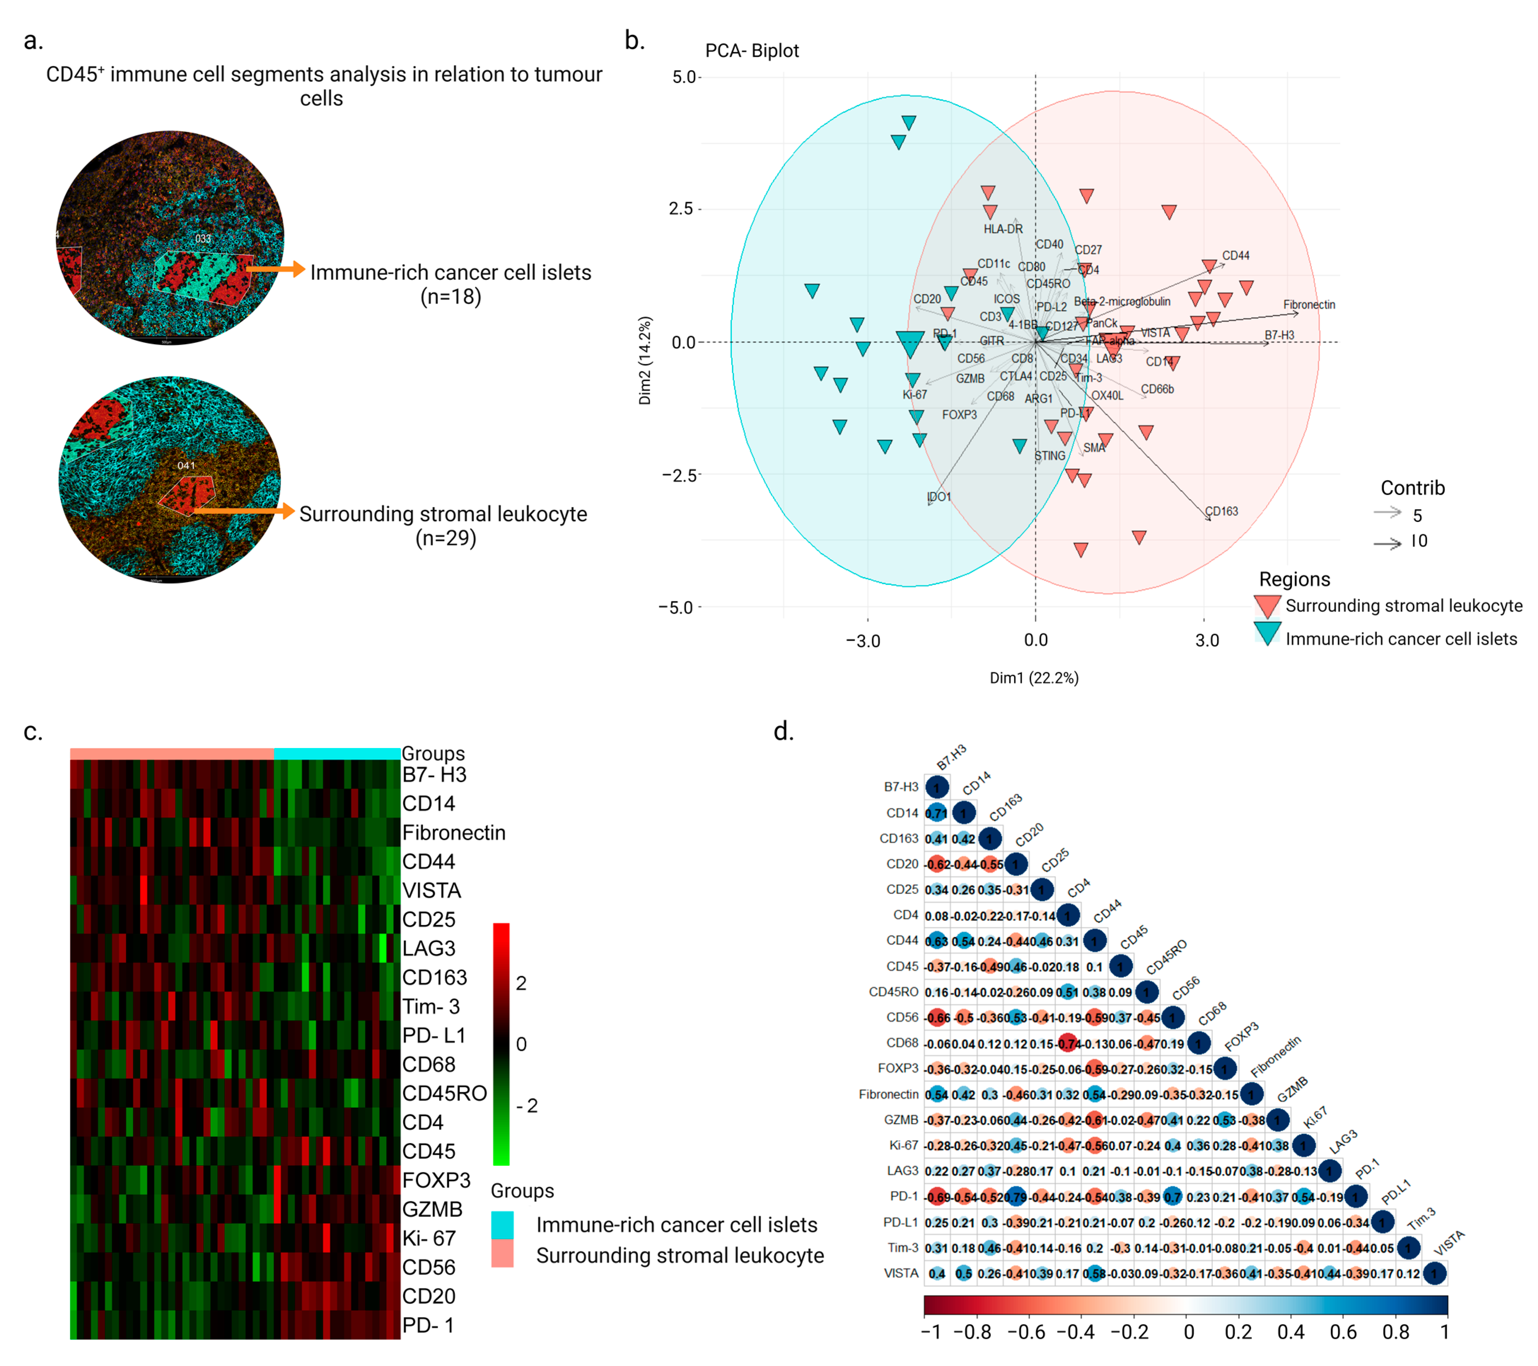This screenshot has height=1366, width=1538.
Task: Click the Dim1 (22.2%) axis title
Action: [1034, 678]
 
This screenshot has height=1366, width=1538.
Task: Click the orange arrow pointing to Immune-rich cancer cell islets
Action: [275, 269]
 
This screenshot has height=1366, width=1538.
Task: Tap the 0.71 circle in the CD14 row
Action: [936, 813]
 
